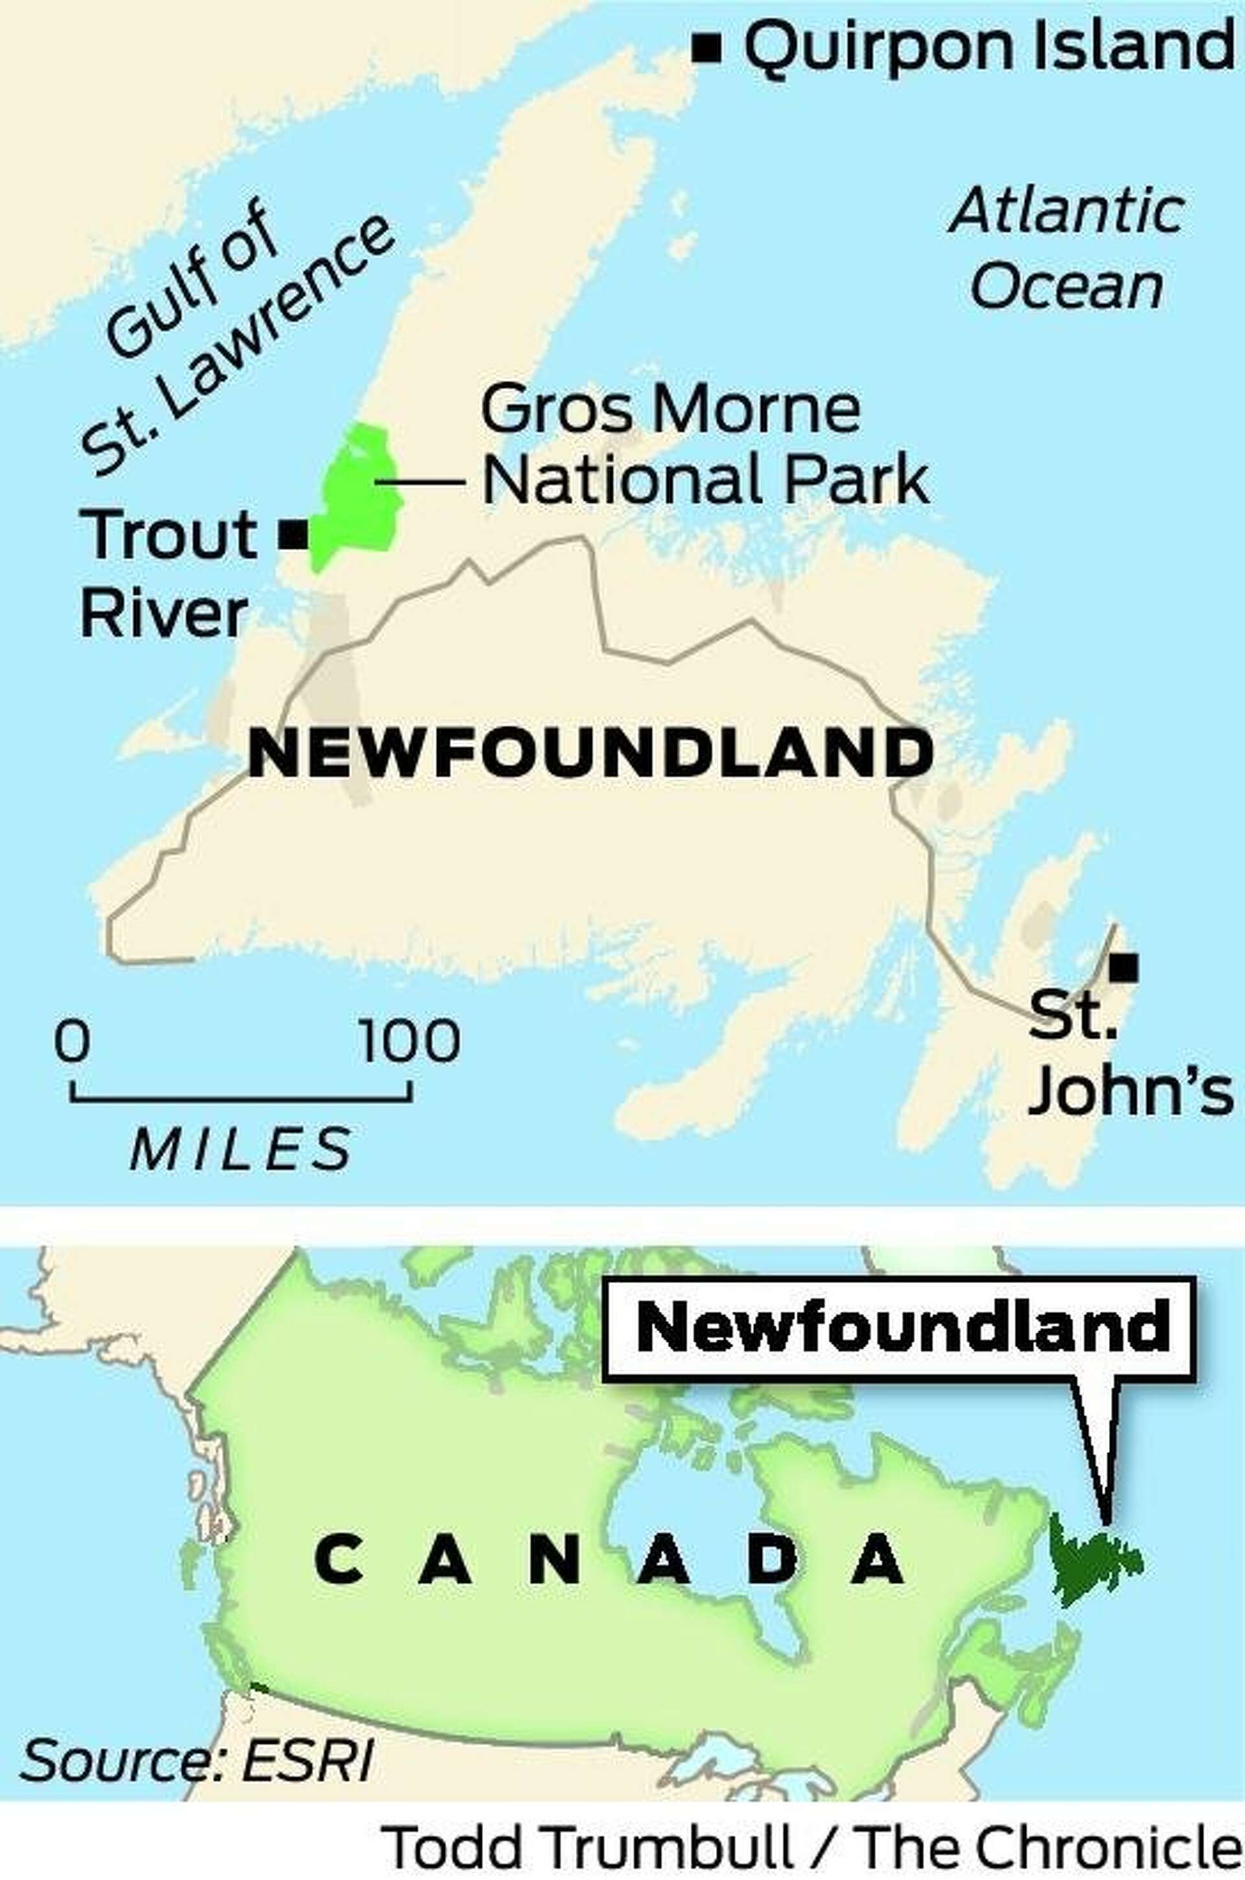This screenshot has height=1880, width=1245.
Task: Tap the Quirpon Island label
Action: (988, 47)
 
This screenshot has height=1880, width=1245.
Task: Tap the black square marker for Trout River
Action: (293, 535)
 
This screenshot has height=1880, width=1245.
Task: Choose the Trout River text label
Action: (167, 573)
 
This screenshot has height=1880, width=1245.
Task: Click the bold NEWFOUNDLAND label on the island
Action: (591, 754)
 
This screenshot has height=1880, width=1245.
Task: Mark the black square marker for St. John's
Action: (1124, 967)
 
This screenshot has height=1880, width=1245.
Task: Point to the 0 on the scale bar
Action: (71, 1041)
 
